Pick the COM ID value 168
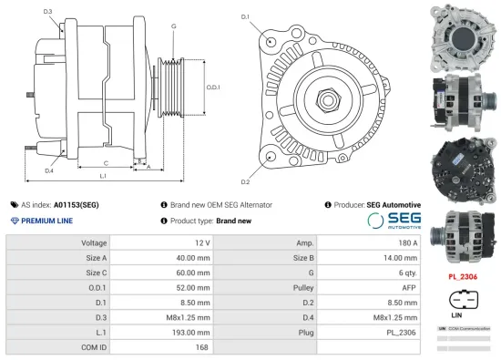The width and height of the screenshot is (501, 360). [202, 346]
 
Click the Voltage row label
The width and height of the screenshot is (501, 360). [94, 243]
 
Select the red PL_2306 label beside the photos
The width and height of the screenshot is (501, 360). [465, 275]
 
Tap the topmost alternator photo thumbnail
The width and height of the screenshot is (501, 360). [465, 35]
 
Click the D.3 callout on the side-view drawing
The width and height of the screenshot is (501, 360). [47, 12]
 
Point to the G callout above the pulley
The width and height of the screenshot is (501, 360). [173, 26]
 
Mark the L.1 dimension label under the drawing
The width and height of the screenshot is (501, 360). [104, 174]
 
